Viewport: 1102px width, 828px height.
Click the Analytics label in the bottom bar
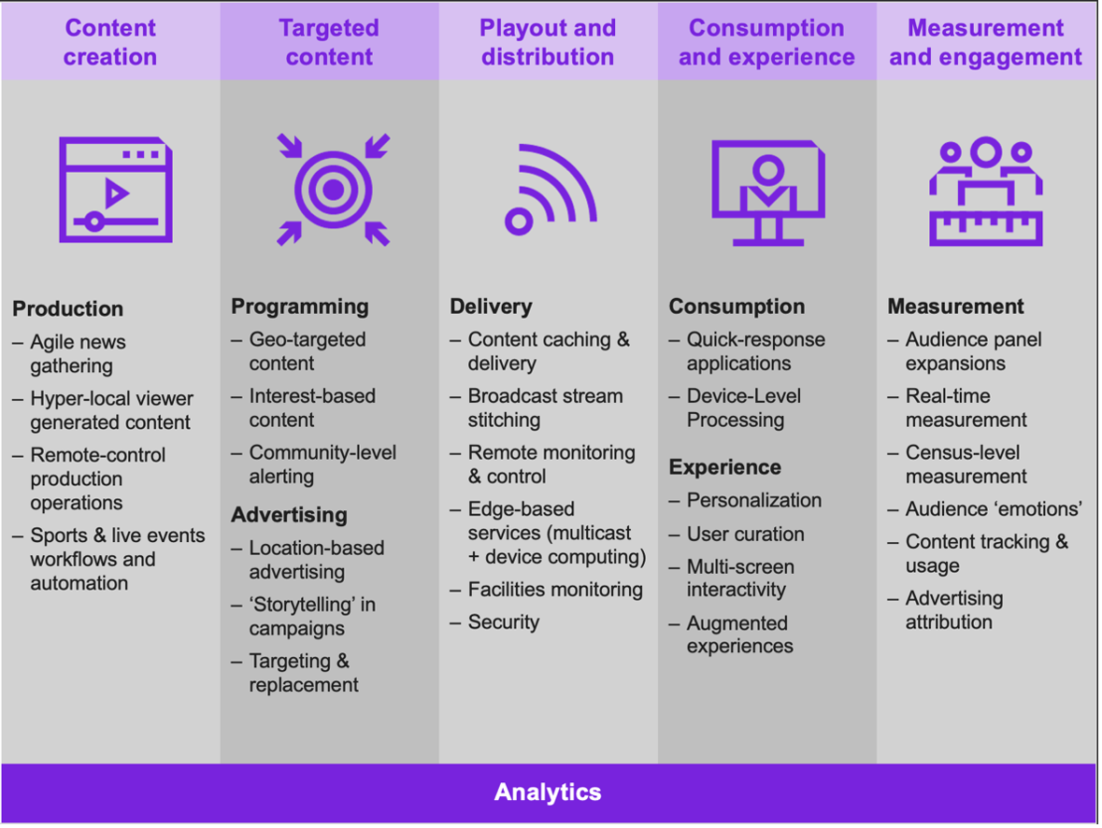[x=548, y=792]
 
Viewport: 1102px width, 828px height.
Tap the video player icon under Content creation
[x=116, y=190]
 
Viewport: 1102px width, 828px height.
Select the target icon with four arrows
[x=333, y=190]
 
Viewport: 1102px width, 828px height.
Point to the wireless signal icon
[x=551, y=189]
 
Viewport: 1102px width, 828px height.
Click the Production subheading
[x=68, y=308]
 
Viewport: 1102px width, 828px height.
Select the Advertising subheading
[x=289, y=515]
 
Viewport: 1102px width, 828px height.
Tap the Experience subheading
[x=724, y=466]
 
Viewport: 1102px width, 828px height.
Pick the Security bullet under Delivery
[x=503, y=622]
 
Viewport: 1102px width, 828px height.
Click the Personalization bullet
[x=754, y=500]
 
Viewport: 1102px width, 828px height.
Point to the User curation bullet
[x=746, y=534]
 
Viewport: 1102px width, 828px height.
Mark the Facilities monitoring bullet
[x=555, y=589]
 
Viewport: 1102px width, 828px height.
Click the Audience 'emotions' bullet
[x=994, y=508]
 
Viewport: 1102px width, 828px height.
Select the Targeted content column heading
[x=329, y=42]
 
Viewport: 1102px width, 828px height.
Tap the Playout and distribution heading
[x=548, y=42]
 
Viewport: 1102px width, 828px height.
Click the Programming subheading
[x=300, y=307]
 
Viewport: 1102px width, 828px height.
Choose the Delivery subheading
[x=491, y=307]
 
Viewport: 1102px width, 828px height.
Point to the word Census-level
[x=962, y=452]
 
